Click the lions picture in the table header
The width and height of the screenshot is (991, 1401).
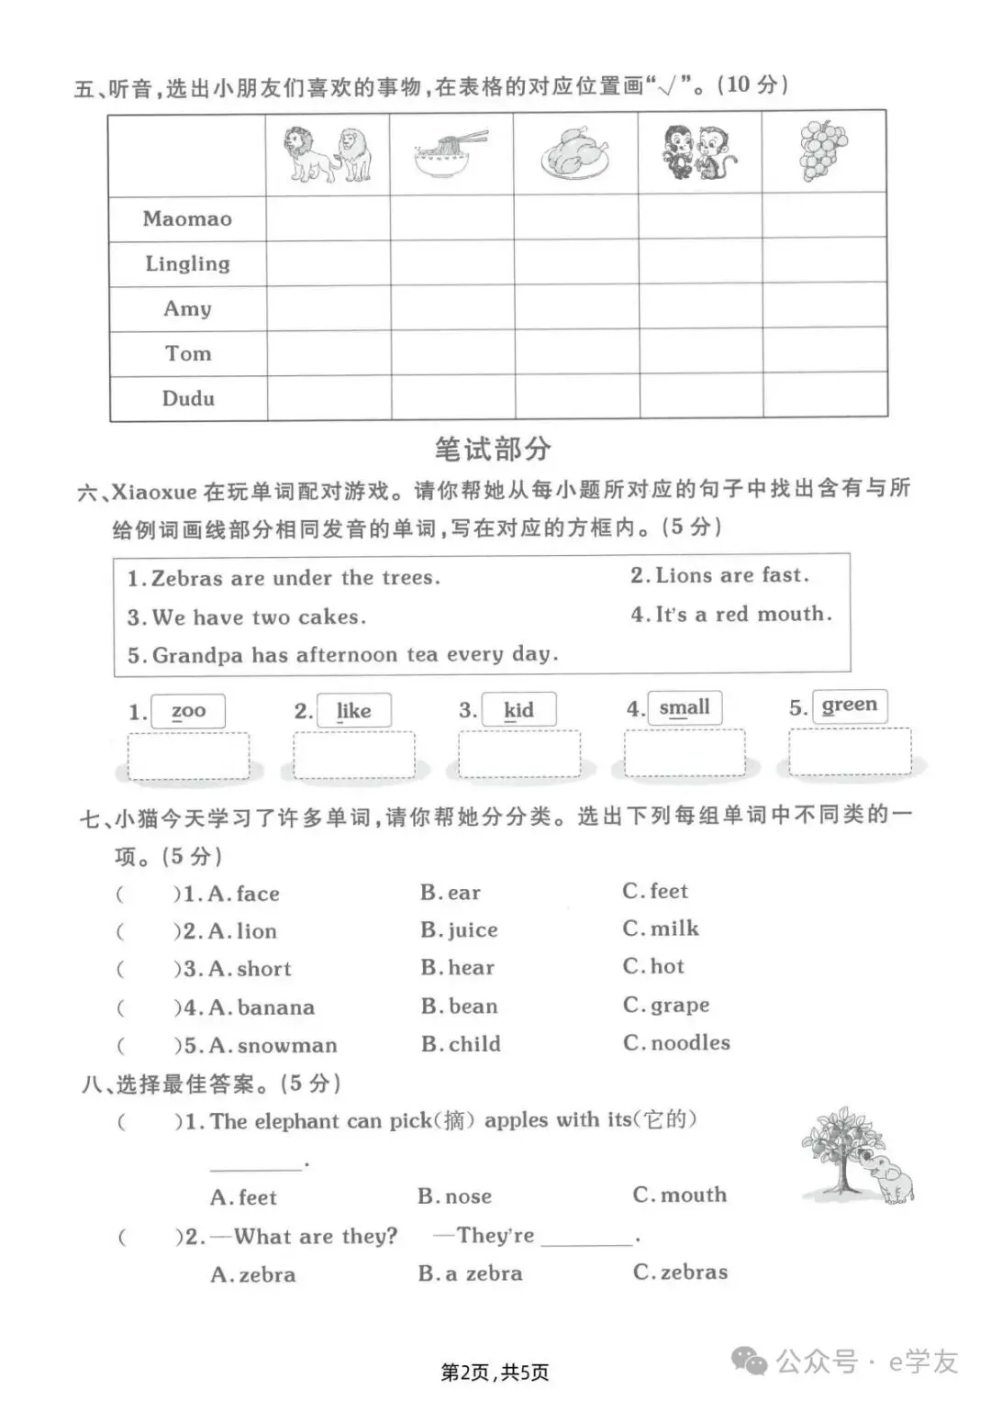point(328,154)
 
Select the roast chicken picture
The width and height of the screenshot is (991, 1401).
point(575,154)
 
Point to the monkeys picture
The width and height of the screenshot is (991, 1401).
point(699,152)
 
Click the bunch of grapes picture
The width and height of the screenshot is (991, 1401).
point(823,150)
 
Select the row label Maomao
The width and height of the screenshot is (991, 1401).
point(187,219)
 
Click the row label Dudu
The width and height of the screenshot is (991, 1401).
point(188,399)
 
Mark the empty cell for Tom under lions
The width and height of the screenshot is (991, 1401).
point(328,354)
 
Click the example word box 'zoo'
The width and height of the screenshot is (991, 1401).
point(189,711)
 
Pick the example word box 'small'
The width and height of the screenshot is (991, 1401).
point(685,707)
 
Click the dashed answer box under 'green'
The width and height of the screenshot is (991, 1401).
point(850,752)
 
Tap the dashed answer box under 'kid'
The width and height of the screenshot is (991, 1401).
point(519,755)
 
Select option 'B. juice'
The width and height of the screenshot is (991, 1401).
point(459,930)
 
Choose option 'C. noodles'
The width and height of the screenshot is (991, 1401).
point(676,1043)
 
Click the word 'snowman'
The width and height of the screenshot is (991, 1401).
point(287,1046)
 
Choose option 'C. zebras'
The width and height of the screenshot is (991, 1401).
point(680,1273)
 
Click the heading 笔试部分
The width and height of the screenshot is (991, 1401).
point(493,450)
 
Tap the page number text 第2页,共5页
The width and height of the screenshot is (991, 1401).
point(495,1373)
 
